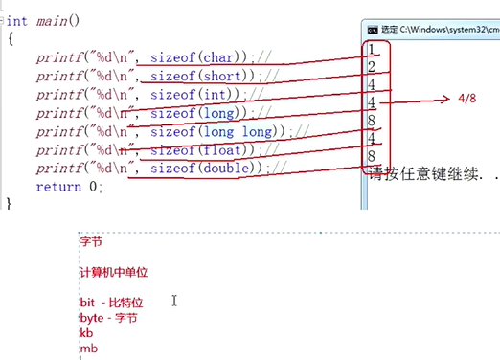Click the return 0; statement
(x=68, y=186)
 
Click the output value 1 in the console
(x=371, y=49)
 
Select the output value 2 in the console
(x=371, y=67)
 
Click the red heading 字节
(x=91, y=243)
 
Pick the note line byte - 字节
(x=109, y=318)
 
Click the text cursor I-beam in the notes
(x=174, y=301)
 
